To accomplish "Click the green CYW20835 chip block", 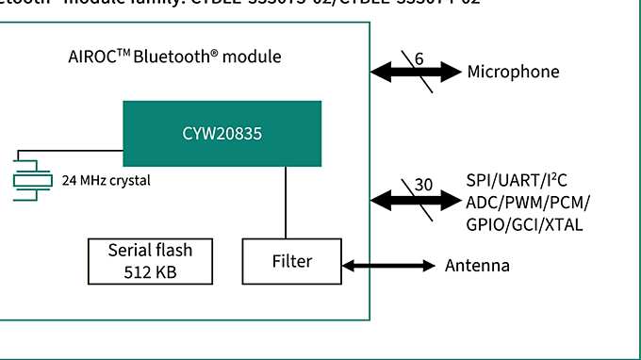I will pos(222,133).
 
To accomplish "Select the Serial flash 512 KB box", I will pos(150,261).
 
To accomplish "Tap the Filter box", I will pos(291,261).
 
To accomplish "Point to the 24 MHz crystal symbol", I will pos(35,179).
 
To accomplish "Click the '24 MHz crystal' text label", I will pos(106,180).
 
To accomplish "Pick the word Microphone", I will pos(513,72).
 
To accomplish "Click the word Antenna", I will pos(477,266).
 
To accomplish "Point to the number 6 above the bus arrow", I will pos(419,58).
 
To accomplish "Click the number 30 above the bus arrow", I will pos(423,185).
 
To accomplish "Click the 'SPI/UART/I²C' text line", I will pos(522,180).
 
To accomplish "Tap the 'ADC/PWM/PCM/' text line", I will pos(528,202).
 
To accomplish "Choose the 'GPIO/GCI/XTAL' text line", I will pos(524,224).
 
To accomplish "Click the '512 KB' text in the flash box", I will pos(150,272).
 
